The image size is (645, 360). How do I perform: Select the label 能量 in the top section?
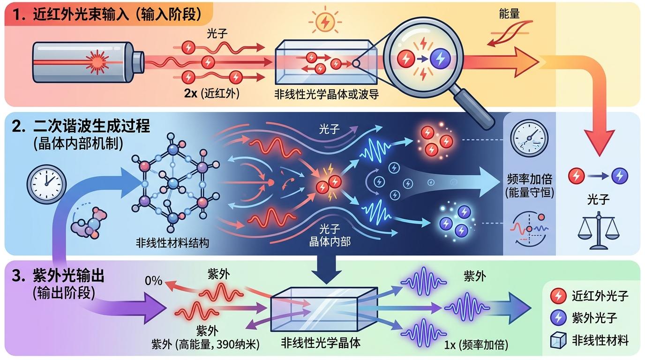[509, 14]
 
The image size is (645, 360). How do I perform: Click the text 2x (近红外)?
[212, 93]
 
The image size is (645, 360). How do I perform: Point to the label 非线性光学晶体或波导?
[327, 94]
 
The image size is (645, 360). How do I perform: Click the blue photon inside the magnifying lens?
[440, 59]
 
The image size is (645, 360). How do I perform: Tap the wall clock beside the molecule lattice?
[47, 184]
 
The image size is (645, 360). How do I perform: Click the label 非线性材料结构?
[172, 243]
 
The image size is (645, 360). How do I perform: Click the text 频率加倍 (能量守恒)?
[530, 186]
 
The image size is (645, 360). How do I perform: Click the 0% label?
[153, 281]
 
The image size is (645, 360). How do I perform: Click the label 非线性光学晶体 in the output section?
[321, 343]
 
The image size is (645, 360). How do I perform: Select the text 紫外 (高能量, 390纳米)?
[205, 345]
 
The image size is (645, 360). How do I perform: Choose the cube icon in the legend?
[558, 340]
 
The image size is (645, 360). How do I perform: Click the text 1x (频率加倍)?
[476, 345]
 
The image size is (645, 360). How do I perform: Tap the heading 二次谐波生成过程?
[91, 126]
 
